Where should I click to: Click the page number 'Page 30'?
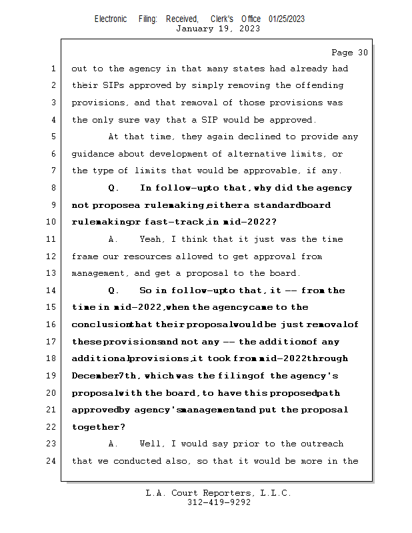tap(349, 53)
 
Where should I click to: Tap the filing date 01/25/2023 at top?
tap(287, 19)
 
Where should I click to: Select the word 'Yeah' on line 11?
tap(153, 239)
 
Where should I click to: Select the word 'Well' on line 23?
tap(153, 444)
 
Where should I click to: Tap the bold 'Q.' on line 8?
tap(113, 188)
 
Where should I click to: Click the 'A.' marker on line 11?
tap(113, 239)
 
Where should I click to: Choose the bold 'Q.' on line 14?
tap(113, 290)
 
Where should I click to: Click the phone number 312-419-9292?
tap(219, 502)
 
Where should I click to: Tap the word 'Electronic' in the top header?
tap(111, 19)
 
